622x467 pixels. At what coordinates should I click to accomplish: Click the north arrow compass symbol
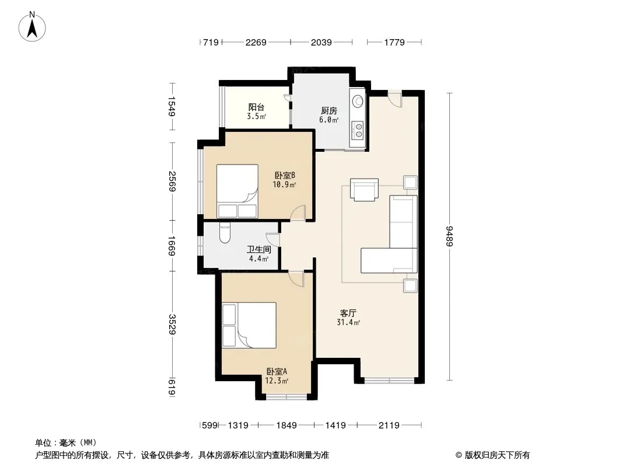tap(32, 27)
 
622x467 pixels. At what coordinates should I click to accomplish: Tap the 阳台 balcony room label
tap(256, 107)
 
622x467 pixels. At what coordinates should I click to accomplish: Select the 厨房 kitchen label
tap(329, 111)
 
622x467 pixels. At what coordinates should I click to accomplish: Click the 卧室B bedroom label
tap(285, 175)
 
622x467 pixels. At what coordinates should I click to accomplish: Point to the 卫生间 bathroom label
tap(258, 250)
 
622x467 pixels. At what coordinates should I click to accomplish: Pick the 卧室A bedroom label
tap(277, 372)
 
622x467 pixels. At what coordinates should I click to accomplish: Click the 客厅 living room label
tap(348, 313)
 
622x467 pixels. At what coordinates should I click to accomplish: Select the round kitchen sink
tap(358, 101)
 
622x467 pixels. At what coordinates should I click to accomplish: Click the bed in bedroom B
tap(237, 191)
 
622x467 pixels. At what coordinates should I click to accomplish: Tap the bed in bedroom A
tap(249, 325)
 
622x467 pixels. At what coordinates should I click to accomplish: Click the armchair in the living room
tap(364, 190)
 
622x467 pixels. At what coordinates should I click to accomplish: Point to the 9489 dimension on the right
tap(449, 236)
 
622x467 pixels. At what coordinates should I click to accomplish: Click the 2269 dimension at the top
tap(256, 42)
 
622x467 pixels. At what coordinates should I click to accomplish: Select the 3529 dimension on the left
tap(172, 324)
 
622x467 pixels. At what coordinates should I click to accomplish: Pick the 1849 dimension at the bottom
tap(286, 426)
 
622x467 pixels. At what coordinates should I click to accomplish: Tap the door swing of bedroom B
tap(298, 213)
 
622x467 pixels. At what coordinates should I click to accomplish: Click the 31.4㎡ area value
tap(348, 323)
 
